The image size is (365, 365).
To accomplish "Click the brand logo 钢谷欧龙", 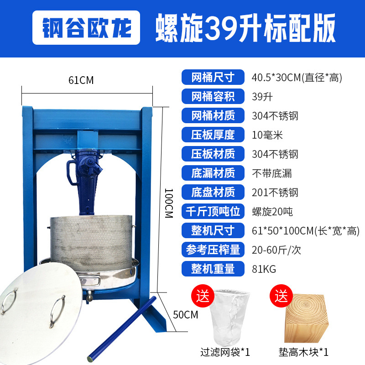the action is click(86, 27).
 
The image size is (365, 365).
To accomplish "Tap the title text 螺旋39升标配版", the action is click(245, 28).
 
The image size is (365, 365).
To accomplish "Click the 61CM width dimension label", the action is click(81, 80).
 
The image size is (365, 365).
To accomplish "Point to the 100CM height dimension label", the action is click(169, 203).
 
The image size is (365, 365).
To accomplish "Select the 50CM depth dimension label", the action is click(186, 314).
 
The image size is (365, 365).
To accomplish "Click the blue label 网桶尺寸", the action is click(213, 77).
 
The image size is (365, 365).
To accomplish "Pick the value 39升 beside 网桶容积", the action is click(262, 96).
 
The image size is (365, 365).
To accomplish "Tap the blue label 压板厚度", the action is click(213, 135).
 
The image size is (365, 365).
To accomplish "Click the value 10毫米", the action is click(267, 135).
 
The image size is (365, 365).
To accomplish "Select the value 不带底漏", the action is click(272, 173).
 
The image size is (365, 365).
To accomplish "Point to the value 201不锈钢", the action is click(275, 192).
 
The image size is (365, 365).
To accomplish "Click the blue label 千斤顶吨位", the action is click(213, 211).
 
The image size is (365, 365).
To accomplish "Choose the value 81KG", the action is click(264, 269).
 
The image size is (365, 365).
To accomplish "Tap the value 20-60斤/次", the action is click(276, 250).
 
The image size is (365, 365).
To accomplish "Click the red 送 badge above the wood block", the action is click(281, 296).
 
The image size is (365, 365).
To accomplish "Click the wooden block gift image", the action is click(307, 318).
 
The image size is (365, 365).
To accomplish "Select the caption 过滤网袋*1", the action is click(225, 352).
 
